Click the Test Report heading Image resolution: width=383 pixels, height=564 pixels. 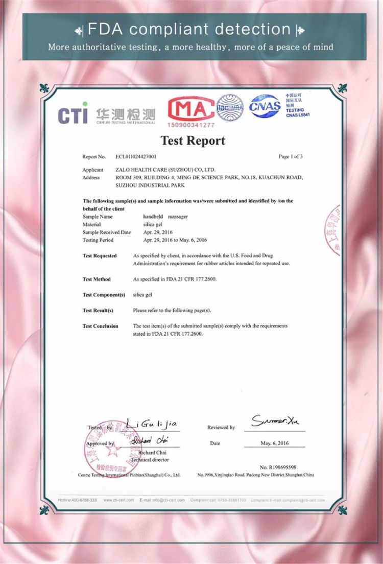[193, 140]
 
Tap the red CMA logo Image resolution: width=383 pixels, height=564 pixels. [191, 109]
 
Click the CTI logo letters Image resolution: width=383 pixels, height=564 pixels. [73, 115]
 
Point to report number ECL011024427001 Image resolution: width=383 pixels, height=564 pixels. [136, 156]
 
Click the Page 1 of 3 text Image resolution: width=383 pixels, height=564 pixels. [291, 156]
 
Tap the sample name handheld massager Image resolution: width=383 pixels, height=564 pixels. [158, 217]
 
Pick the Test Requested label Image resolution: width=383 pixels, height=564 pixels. [100, 255]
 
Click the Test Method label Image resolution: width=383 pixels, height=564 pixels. [97, 279]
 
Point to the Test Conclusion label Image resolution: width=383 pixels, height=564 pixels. [100, 326]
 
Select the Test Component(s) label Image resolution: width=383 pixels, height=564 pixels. [104, 295]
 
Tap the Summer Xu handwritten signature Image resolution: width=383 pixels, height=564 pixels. [276, 421]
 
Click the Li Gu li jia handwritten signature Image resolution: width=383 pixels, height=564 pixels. [152, 424]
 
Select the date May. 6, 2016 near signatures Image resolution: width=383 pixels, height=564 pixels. [274, 443]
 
